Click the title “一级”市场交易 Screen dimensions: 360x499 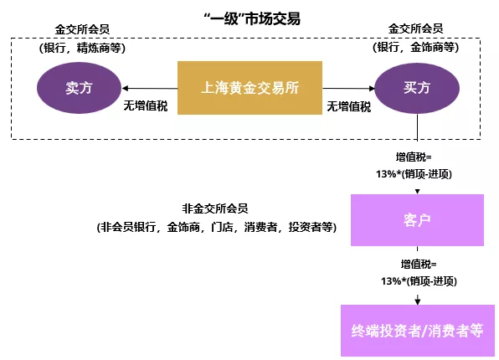point(249,18)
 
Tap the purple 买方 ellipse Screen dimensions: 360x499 point(417,87)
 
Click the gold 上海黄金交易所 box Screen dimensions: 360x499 point(249,87)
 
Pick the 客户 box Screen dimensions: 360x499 point(416,220)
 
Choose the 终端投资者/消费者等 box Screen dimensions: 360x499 point(416,329)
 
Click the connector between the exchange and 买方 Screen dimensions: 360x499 point(348,87)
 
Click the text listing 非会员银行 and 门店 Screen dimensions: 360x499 point(216,227)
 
